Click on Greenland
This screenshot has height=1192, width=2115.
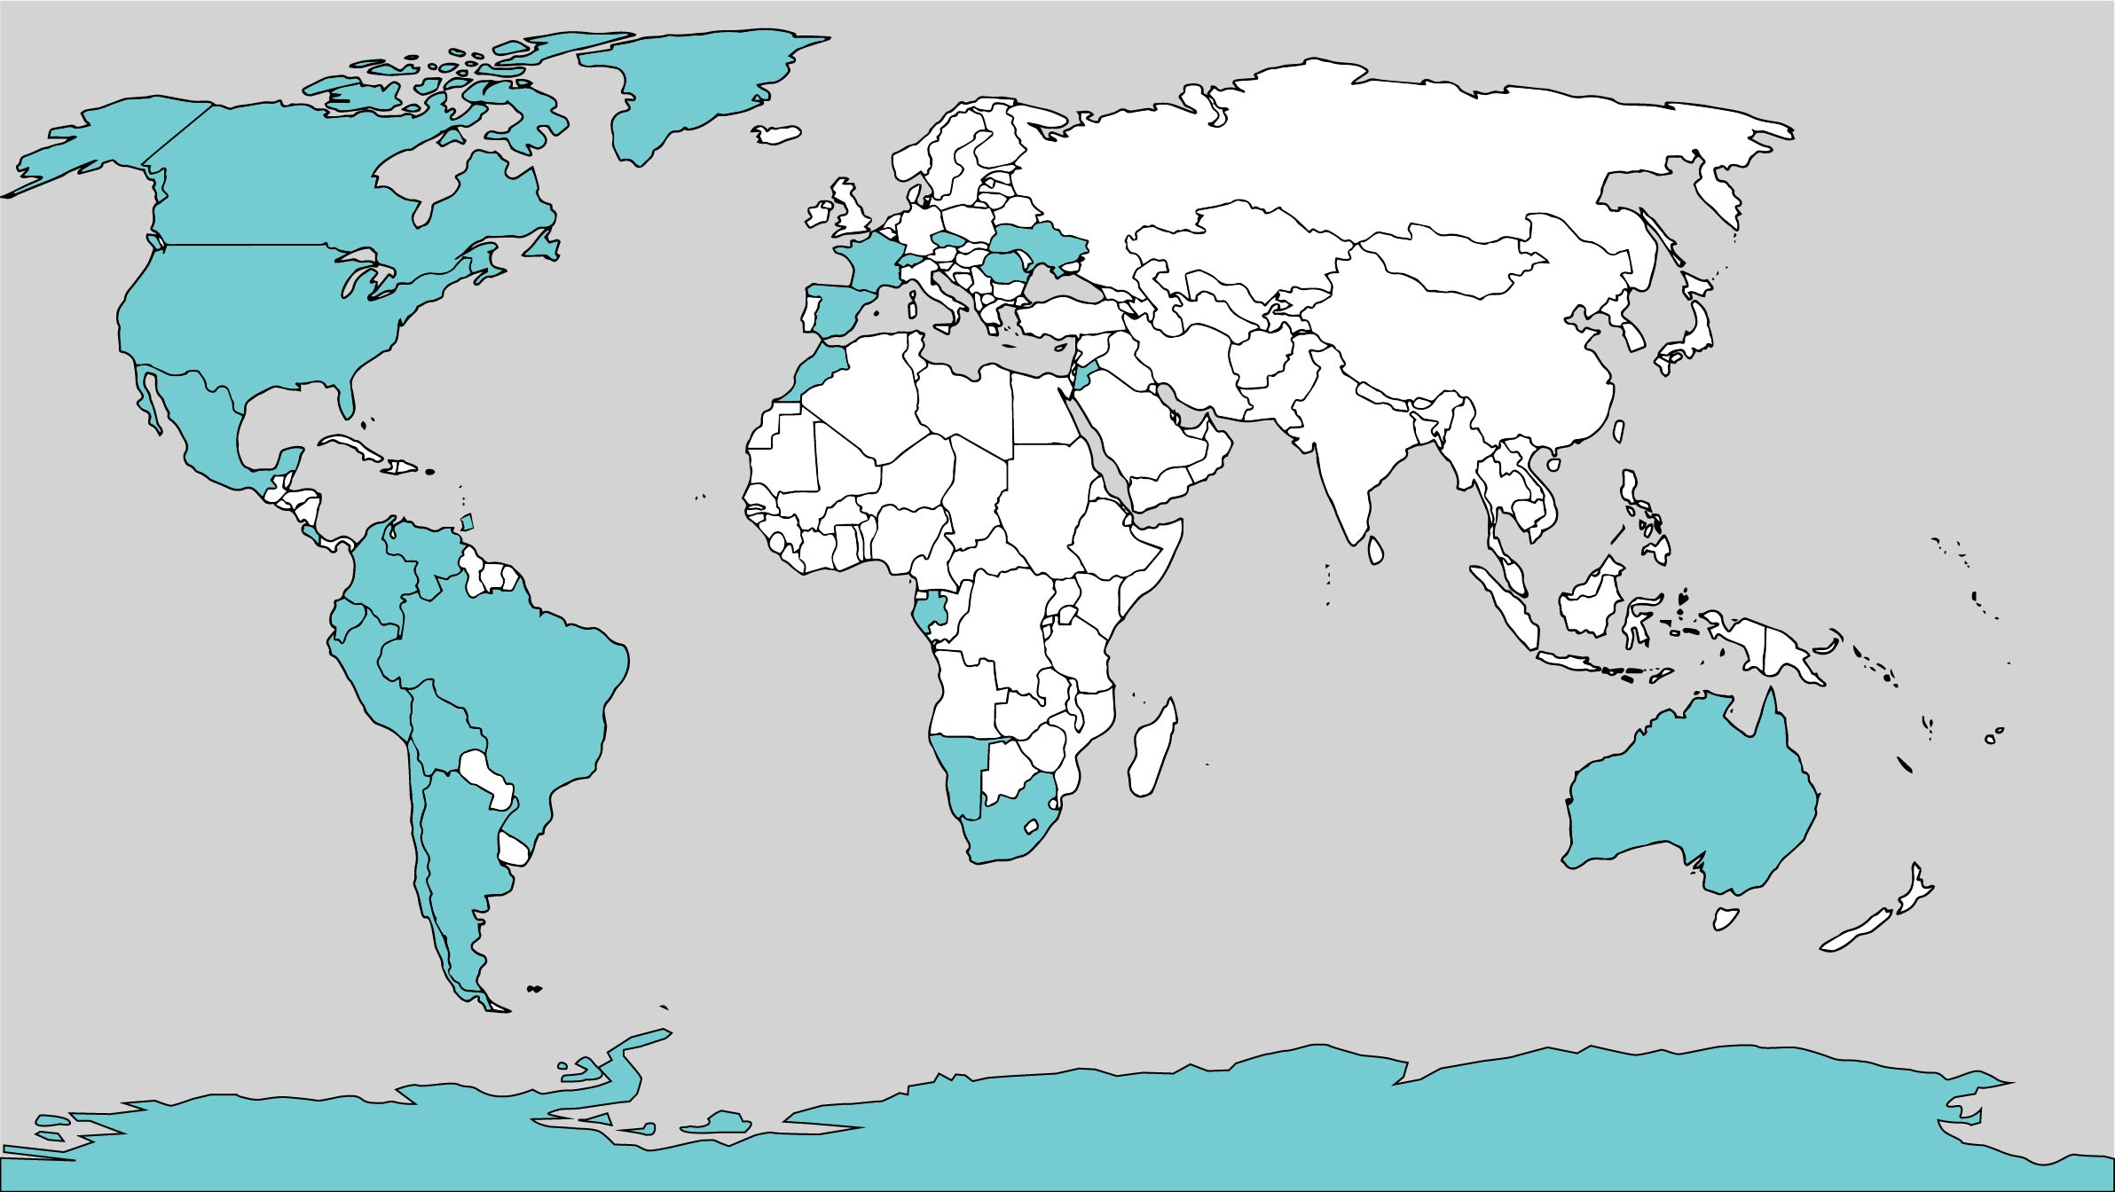[x=701, y=89]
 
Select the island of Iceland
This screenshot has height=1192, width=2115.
[x=777, y=134]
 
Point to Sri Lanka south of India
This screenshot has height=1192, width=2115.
[x=1376, y=550]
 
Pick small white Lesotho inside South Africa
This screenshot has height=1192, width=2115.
[x=1032, y=827]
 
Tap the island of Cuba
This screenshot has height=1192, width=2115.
[x=355, y=449]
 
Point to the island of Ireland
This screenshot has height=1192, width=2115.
[x=817, y=216]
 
